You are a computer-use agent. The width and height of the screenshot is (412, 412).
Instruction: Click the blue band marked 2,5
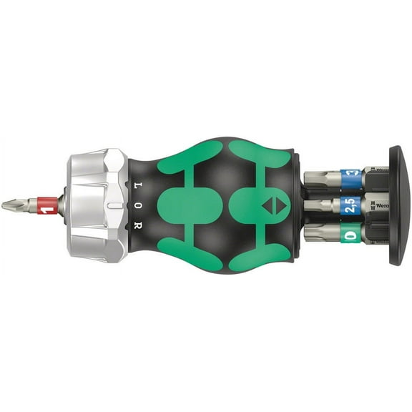(349, 206)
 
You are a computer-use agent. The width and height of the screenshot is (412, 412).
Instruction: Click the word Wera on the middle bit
(374, 206)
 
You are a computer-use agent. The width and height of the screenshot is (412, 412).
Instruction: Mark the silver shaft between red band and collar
(62, 206)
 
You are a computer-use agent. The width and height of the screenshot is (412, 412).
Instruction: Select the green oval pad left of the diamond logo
(190, 206)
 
